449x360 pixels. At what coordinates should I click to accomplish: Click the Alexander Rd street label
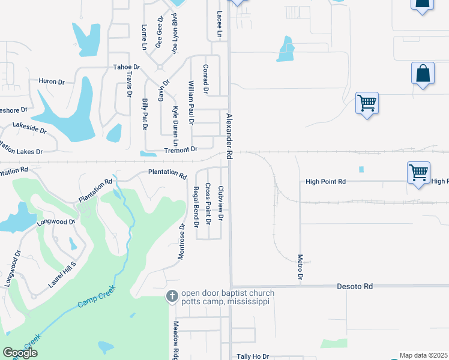pyautogui.click(x=229, y=136)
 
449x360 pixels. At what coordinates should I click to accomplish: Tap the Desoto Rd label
pyautogui.click(x=354, y=287)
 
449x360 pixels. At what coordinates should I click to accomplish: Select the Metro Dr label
pyautogui.click(x=300, y=267)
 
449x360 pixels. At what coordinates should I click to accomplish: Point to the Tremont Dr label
pyautogui.click(x=181, y=149)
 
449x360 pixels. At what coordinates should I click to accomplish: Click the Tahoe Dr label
pyautogui.click(x=126, y=68)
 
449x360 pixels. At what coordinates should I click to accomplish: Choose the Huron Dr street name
pyautogui.click(x=51, y=81)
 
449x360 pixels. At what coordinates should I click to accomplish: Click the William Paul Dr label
pyautogui.click(x=191, y=103)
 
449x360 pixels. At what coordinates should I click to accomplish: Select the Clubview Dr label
pyautogui.click(x=220, y=203)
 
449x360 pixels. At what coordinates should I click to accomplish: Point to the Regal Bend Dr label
pyautogui.click(x=196, y=208)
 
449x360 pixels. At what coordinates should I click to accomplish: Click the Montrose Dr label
pyautogui.click(x=182, y=242)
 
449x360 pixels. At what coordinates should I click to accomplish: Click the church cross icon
pyautogui.click(x=172, y=296)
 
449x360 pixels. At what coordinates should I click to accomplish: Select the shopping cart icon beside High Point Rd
pyautogui.click(x=418, y=173)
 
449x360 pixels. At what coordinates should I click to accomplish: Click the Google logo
pyautogui.click(x=20, y=353)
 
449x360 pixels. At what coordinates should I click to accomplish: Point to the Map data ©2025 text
pyautogui.click(x=424, y=355)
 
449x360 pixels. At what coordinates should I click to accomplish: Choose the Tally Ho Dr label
pyautogui.click(x=253, y=356)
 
